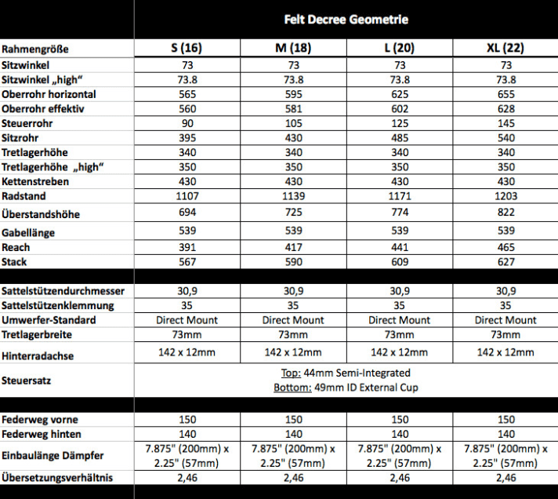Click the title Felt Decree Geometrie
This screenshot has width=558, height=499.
coord(346,20)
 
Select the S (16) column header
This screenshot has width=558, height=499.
coord(187,48)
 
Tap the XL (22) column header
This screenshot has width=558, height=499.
coord(505,48)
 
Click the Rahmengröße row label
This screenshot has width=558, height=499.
coord(35,49)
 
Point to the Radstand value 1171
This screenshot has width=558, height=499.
coord(400,196)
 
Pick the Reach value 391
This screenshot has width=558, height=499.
coord(187,247)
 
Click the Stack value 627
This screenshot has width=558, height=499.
coord(505,261)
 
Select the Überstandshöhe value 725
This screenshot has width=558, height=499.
coord(293,213)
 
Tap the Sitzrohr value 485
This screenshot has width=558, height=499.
coord(400,137)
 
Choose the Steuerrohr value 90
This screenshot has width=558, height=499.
coord(187,122)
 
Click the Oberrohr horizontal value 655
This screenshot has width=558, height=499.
coord(505,94)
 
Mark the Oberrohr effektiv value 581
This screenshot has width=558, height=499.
coord(293,108)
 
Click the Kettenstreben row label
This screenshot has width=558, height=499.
coord(35,181)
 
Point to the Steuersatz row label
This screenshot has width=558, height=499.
coord(28,380)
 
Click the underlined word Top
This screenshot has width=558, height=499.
coord(289,373)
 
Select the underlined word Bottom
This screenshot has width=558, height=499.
coord(288,388)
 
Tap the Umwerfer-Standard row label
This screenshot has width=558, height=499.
coord(49,320)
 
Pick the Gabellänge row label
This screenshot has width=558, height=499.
coord(33,232)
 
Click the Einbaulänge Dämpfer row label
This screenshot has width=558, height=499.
coord(52,455)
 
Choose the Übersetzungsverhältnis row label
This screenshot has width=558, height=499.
coord(56,477)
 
